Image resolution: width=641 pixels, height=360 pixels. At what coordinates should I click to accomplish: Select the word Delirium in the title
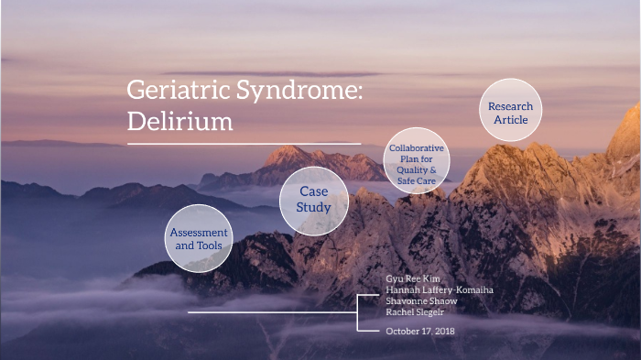click(179, 121)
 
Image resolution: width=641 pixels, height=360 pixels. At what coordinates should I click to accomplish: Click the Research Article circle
click(510, 113)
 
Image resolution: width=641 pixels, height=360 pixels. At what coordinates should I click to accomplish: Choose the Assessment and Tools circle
click(198, 239)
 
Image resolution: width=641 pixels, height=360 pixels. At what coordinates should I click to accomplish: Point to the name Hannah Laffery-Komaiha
click(440, 289)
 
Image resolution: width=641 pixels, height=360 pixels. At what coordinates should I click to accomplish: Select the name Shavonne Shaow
click(422, 300)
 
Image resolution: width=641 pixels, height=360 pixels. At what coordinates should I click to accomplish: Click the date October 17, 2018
click(420, 331)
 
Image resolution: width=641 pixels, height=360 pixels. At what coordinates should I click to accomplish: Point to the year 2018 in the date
click(445, 331)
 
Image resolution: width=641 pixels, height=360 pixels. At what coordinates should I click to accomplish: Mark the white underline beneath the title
click(243, 143)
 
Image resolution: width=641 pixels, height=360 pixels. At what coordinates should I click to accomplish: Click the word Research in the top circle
click(510, 106)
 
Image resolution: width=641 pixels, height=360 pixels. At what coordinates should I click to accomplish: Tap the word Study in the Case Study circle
click(313, 207)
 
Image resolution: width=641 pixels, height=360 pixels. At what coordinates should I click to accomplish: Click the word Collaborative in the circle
click(416, 147)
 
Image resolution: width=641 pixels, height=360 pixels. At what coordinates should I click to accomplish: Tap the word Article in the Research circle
click(510, 120)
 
